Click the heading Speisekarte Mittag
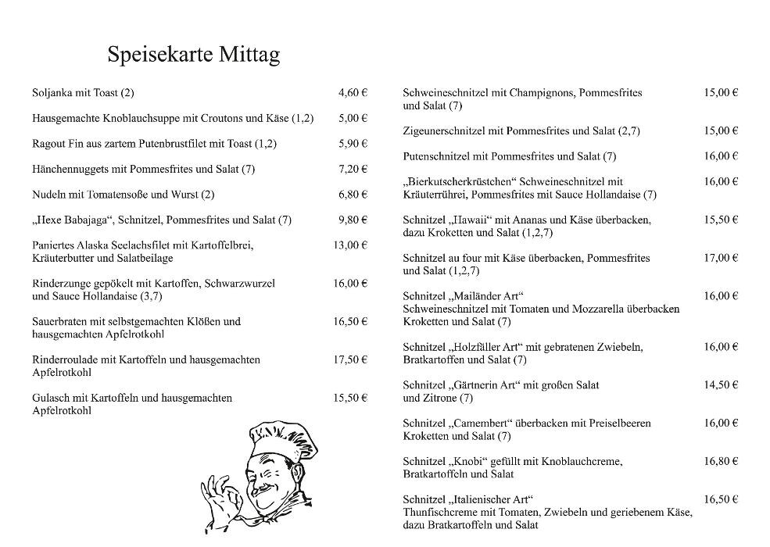click(193, 55)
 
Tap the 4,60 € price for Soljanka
click(353, 92)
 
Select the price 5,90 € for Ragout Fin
click(353, 143)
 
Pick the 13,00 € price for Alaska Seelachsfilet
click(350, 245)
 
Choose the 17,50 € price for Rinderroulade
click(350, 359)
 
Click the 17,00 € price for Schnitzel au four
click(721, 257)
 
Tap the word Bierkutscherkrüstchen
click(460, 181)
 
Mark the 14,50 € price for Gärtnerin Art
click(721, 384)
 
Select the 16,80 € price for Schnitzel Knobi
click(721, 461)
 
